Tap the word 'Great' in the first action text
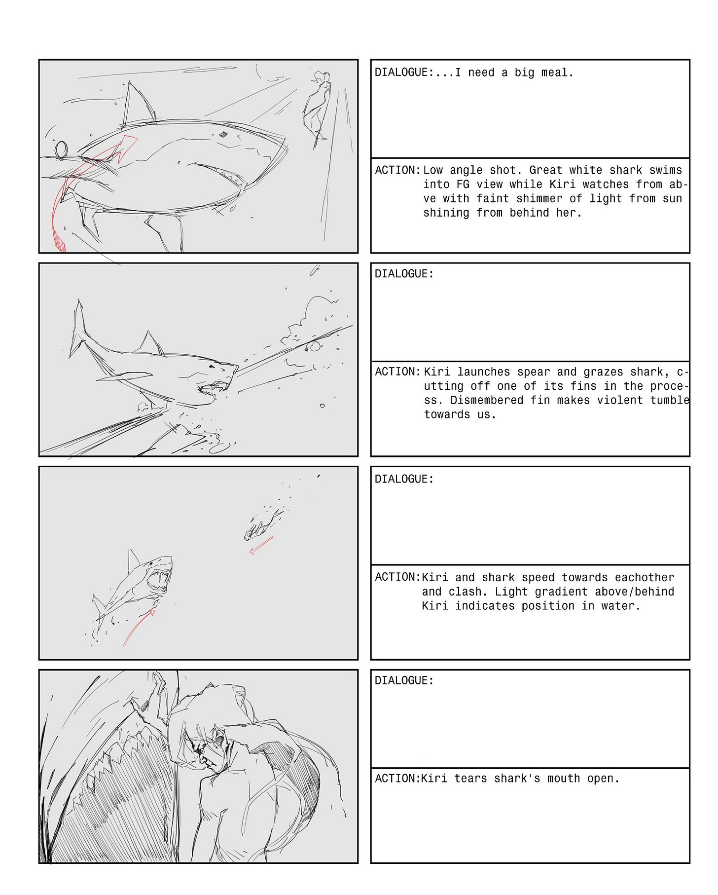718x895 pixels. click(x=546, y=170)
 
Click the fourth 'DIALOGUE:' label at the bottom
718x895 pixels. click(x=404, y=681)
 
